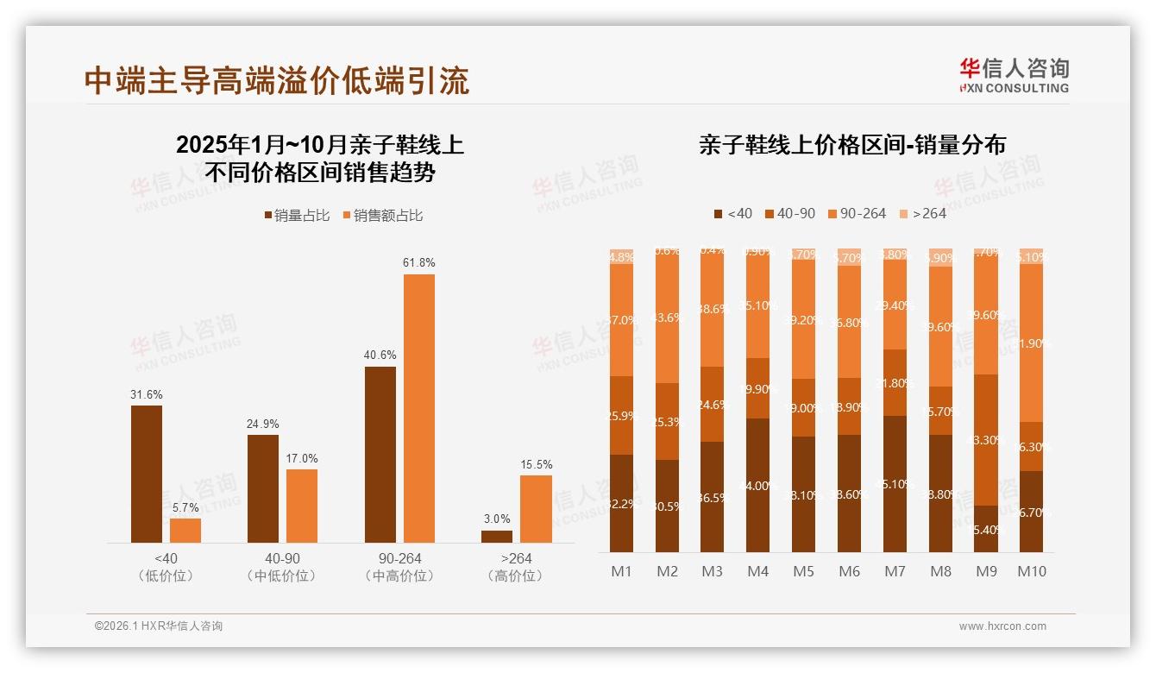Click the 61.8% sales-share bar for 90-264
419,408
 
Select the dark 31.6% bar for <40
147,474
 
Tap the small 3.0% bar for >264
497,537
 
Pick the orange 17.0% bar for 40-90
302,506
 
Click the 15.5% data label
537,464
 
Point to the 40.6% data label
380,355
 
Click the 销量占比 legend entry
297,216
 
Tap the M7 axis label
895,571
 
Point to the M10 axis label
1031,571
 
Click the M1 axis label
621,571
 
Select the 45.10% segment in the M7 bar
895,484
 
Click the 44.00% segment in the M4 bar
757,486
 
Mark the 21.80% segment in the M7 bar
895,382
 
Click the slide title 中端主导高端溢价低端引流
277,80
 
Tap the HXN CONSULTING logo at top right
1014,76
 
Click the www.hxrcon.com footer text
1002,626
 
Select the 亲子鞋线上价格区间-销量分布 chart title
852,145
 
